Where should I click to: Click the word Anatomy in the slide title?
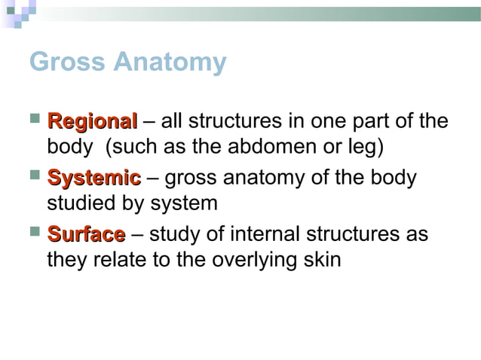coord(170,63)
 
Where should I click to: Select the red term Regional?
coord(91,121)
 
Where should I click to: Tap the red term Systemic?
coord(93,178)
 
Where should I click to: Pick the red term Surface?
coord(86,235)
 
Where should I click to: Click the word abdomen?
coord(278,146)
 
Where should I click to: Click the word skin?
coord(322,260)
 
